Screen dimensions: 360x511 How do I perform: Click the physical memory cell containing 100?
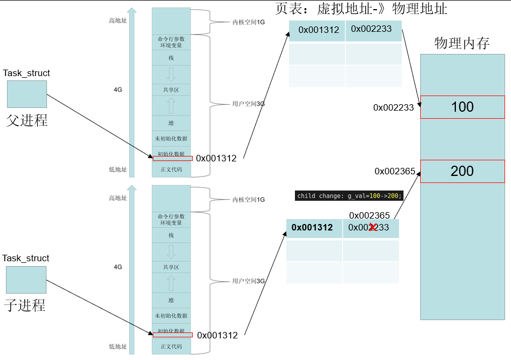462,107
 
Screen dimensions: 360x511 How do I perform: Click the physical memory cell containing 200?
462,171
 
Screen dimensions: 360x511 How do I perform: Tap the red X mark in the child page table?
372,227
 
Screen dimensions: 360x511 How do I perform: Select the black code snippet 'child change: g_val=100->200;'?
349,196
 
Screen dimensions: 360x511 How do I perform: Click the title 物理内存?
462,44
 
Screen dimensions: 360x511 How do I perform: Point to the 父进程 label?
27,120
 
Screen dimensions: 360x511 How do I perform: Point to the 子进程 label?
25,305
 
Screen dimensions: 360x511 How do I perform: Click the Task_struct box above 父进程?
27,94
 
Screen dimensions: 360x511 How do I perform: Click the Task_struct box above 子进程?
26,280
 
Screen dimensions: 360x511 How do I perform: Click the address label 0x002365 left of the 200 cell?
395,171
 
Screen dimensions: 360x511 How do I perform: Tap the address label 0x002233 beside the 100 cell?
393,107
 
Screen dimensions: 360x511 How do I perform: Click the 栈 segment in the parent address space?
171,58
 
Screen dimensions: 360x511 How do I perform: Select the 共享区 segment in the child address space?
171,267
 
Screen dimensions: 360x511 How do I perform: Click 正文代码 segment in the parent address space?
171,169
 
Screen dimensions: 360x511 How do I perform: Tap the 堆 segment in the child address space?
171,300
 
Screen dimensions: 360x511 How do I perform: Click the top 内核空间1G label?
248,22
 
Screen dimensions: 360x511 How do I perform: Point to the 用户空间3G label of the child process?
248,281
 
